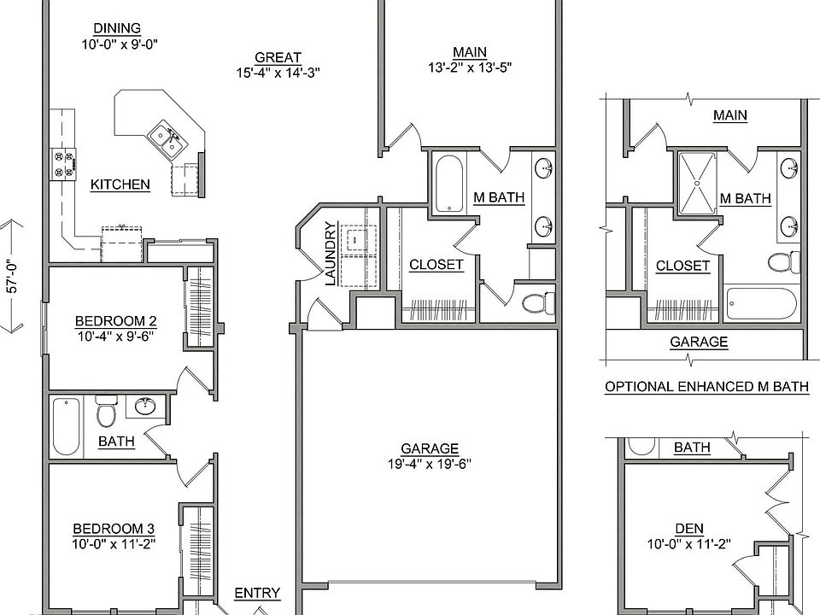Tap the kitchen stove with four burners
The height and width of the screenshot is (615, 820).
[x=63, y=164]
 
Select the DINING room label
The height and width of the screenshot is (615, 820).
[x=117, y=28]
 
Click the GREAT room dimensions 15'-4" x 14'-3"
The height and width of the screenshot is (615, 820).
[x=278, y=72]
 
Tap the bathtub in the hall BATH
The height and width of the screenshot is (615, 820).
[x=67, y=427]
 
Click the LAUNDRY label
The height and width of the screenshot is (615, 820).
[x=331, y=255]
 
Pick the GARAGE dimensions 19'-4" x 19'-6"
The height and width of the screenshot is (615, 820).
[x=430, y=464]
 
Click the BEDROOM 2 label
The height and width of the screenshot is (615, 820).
[x=115, y=320]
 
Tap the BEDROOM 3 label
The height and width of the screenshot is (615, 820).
[x=114, y=529]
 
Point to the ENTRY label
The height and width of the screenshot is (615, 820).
[x=257, y=593]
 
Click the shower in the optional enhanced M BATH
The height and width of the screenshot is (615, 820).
[x=697, y=183]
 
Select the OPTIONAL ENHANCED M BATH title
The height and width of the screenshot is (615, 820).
[x=707, y=387]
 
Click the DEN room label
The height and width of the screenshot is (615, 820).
[x=689, y=529]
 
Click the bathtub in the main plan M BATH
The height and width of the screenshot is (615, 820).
[x=448, y=184]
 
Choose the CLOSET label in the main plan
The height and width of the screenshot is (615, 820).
[x=436, y=265]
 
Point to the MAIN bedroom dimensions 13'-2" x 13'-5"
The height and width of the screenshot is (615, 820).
[x=470, y=67]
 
